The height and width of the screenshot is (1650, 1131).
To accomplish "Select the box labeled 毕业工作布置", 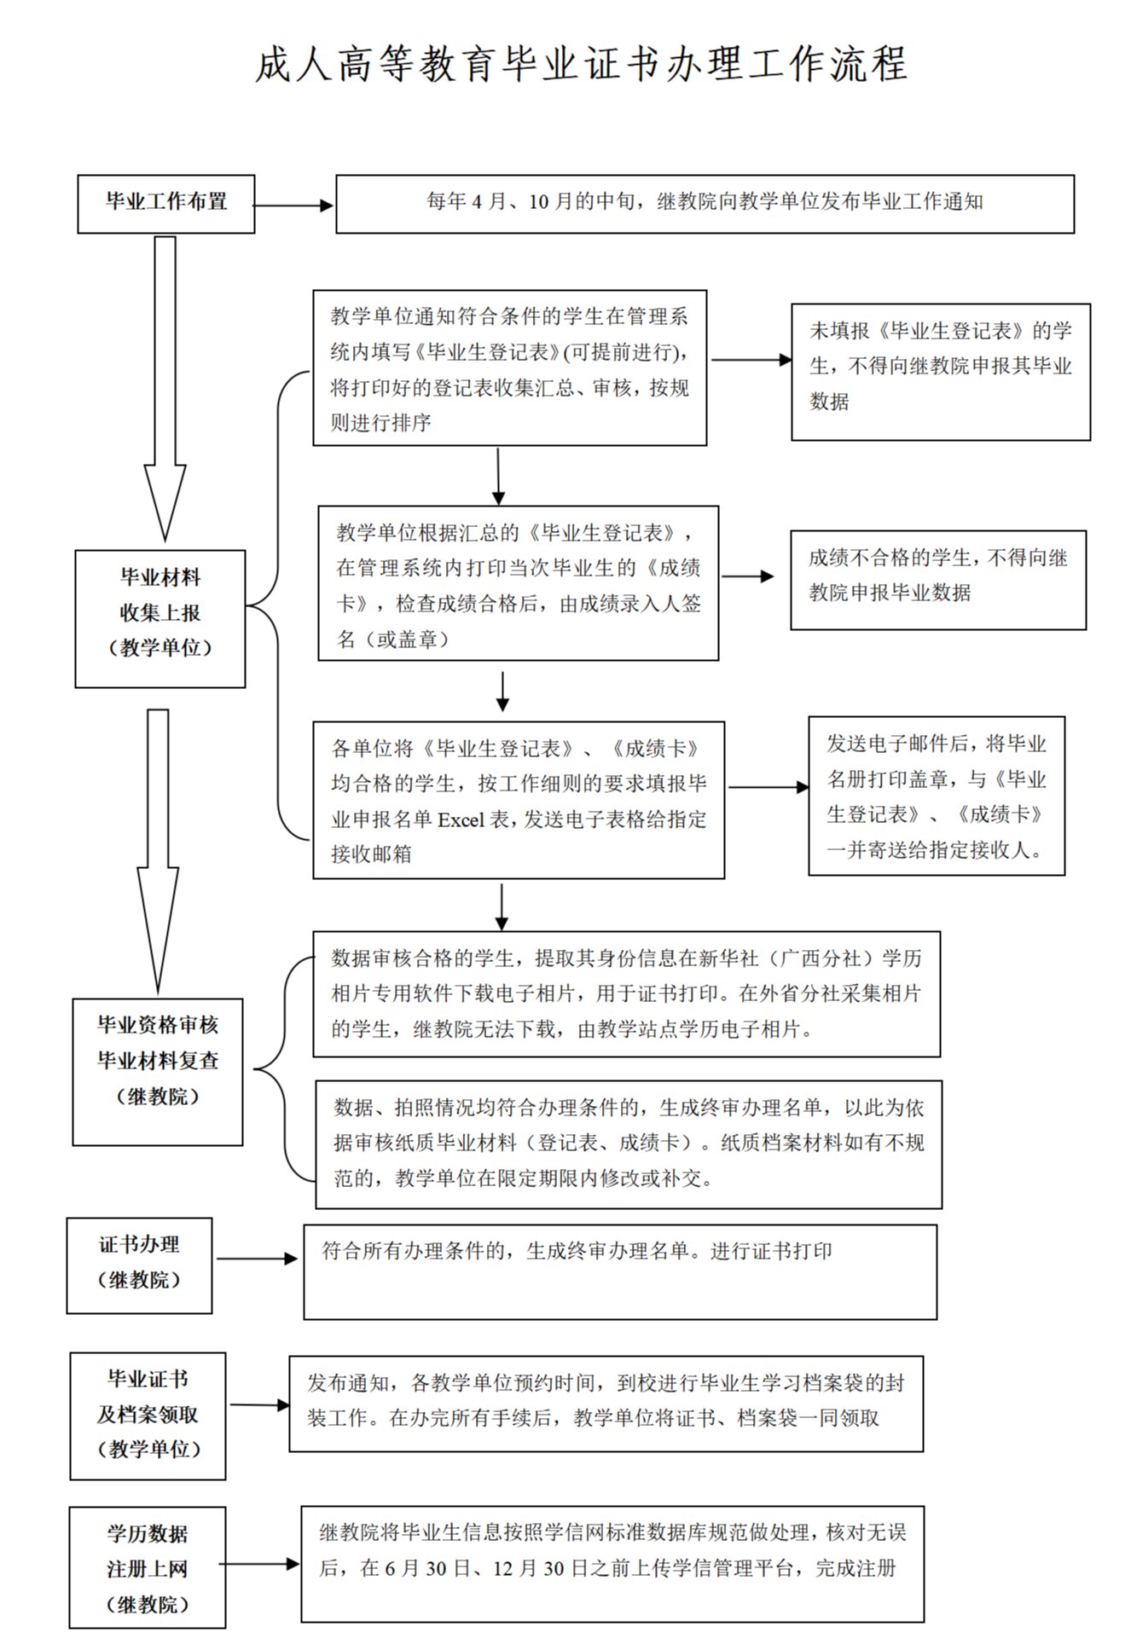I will pyautogui.click(x=166, y=204).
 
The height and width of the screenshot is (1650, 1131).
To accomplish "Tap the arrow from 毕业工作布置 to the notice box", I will pyautogui.click(x=293, y=206).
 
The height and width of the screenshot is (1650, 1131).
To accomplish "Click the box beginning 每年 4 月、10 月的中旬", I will pyautogui.click(x=705, y=204).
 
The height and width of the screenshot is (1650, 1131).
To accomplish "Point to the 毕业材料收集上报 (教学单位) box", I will pyautogui.click(x=160, y=618).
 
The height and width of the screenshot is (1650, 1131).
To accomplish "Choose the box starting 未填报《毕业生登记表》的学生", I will pyautogui.click(x=940, y=372).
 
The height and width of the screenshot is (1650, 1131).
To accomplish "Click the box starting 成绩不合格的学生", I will pyautogui.click(x=937, y=580).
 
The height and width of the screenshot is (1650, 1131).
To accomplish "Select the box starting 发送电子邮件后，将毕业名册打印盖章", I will pyautogui.click(x=936, y=796).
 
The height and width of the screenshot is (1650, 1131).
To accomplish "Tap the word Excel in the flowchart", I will pyautogui.click(x=461, y=819).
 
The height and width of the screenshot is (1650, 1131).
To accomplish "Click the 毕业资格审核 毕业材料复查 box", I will pyautogui.click(x=158, y=1071).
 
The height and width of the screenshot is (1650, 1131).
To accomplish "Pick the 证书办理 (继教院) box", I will pyautogui.click(x=140, y=1265).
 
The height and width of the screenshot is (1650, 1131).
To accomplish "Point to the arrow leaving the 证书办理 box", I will pyautogui.click(x=257, y=1258).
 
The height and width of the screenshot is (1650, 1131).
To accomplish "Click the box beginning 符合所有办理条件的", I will pyautogui.click(x=620, y=1271).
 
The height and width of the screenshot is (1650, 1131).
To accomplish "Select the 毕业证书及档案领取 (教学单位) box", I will pyautogui.click(x=148, y=1416).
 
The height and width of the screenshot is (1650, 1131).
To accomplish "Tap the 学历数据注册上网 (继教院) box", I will pyautogui.click(x=148, y=1567).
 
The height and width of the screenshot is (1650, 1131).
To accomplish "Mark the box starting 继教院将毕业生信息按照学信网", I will pyautogui.click(x=612, y=1563).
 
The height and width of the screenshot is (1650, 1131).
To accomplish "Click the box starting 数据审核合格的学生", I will pyautogui.click(x=626, y=993).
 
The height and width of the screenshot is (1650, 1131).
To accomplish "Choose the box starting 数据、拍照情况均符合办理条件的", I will pyautogui.click(x=628, y=1143).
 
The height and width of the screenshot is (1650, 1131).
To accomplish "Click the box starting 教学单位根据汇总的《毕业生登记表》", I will pyautogui.click(x=518, y=583).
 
